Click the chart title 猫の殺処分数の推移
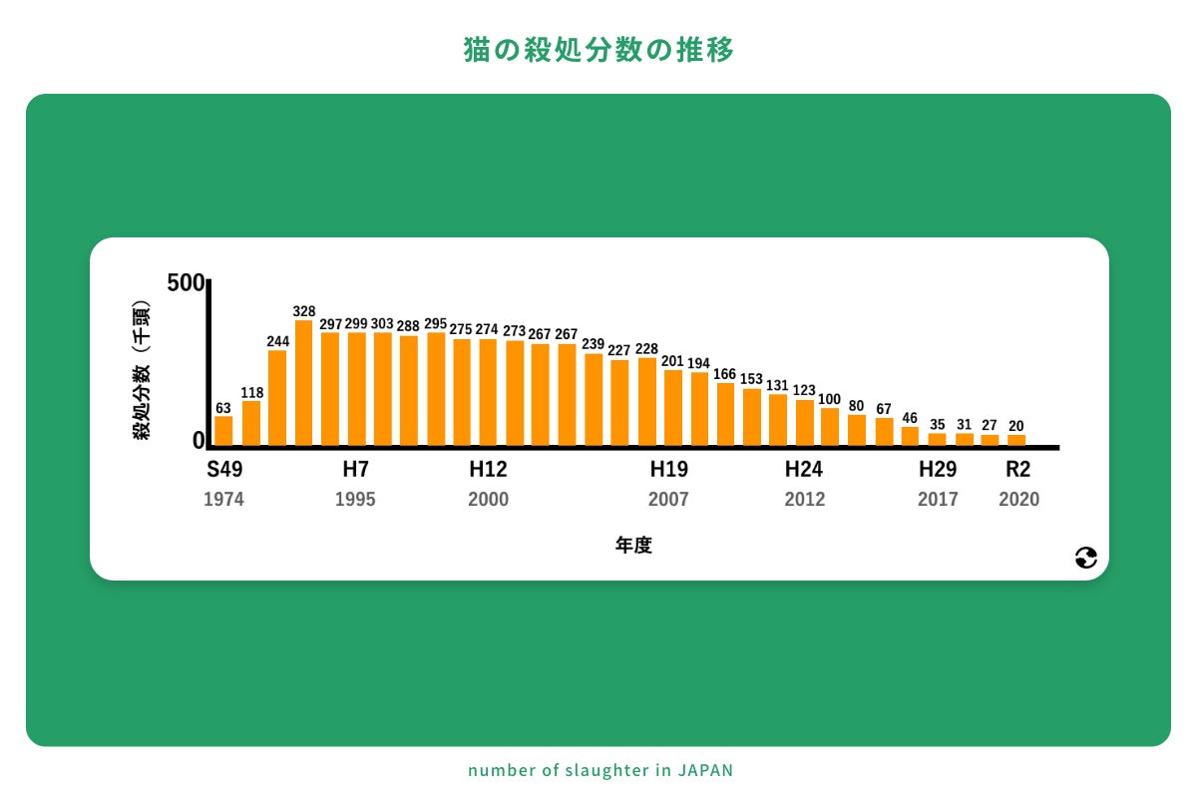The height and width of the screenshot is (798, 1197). (598, 51)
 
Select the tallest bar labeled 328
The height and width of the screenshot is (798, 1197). (303, 383)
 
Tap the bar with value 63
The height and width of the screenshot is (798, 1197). (223, 431)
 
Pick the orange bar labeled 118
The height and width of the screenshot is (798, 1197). (250, 423)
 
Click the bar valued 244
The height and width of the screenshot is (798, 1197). (277, 398)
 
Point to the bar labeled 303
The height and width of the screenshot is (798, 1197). (382, 389)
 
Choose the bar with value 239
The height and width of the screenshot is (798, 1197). (594, 399)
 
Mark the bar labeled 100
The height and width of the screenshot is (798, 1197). (830, 427)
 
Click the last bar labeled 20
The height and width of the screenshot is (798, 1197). (1016, 440)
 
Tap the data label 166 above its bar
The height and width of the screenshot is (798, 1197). (725, 374)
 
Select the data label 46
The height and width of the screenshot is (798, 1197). (910, 418)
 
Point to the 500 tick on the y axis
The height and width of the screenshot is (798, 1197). (186, 282)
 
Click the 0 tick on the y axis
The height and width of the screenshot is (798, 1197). (198, 440)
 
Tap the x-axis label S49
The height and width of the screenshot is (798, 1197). (224, 469)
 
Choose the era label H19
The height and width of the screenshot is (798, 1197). (669, 469)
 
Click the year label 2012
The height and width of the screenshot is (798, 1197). (804, 500)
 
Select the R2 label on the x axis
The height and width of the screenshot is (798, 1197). (1017, 469)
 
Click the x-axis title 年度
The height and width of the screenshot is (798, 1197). (633, 546)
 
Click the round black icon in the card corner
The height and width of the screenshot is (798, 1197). (1086, 559)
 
